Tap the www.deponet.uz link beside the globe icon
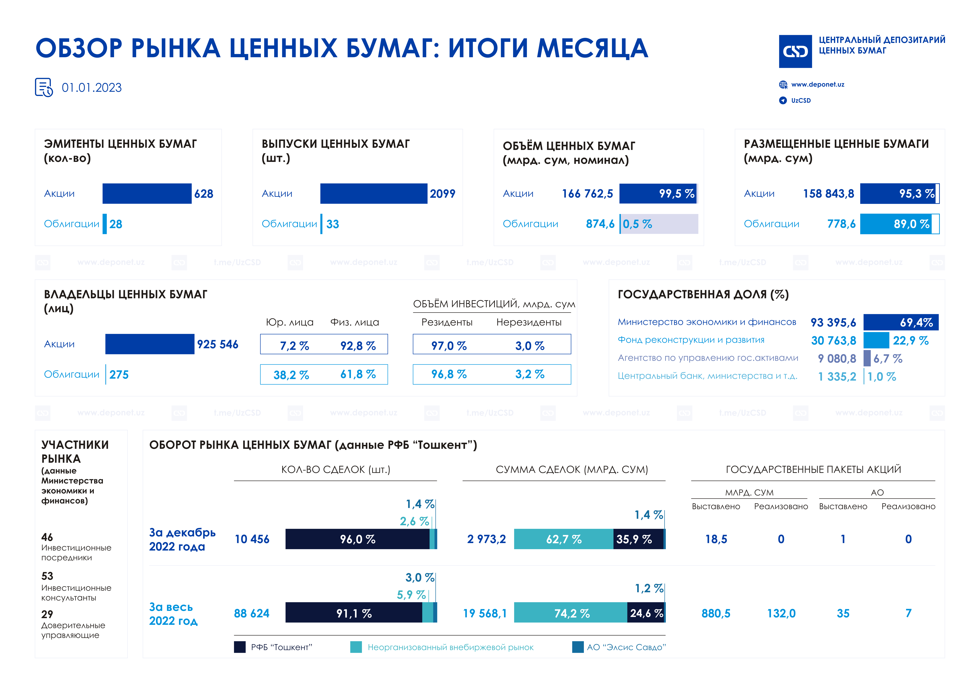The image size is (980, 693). (x=817, y=84)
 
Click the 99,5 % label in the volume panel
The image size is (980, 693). (x=677, y=194)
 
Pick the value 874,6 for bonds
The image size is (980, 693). (x=600, y=224)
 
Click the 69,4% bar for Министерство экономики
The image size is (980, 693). (x=901, y=322)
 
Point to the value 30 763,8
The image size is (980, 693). (x=833, y=341)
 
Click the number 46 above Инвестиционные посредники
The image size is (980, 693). (x=47, y=537)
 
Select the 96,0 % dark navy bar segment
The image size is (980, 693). (x=357, y=539)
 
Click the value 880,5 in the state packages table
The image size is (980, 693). (x=716, y=613)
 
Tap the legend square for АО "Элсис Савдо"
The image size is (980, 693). (x=577, y=647)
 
